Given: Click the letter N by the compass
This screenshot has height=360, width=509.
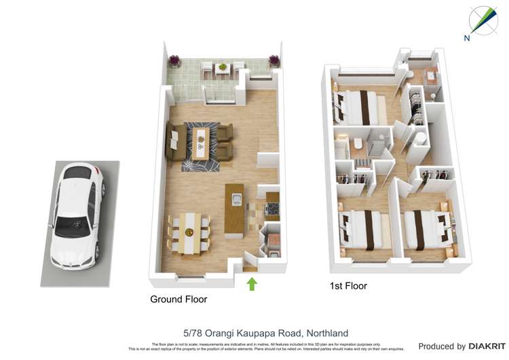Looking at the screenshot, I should tap(466, 39).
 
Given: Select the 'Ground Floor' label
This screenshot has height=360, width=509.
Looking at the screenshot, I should tap(178, 299).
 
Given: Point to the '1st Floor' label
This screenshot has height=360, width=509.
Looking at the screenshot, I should tap(347, 286).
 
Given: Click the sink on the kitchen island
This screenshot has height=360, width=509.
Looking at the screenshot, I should tap(237, 199).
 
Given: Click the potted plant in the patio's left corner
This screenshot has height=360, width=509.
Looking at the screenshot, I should tap(175, 60).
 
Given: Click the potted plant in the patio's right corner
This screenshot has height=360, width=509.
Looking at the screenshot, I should tap(274, 60).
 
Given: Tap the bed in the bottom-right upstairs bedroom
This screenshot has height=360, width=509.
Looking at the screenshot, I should tap(426, 229).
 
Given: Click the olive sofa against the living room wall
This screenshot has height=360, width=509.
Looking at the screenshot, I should tap(174, 141).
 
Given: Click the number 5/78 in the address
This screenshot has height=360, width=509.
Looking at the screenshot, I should tap(194, 333).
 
